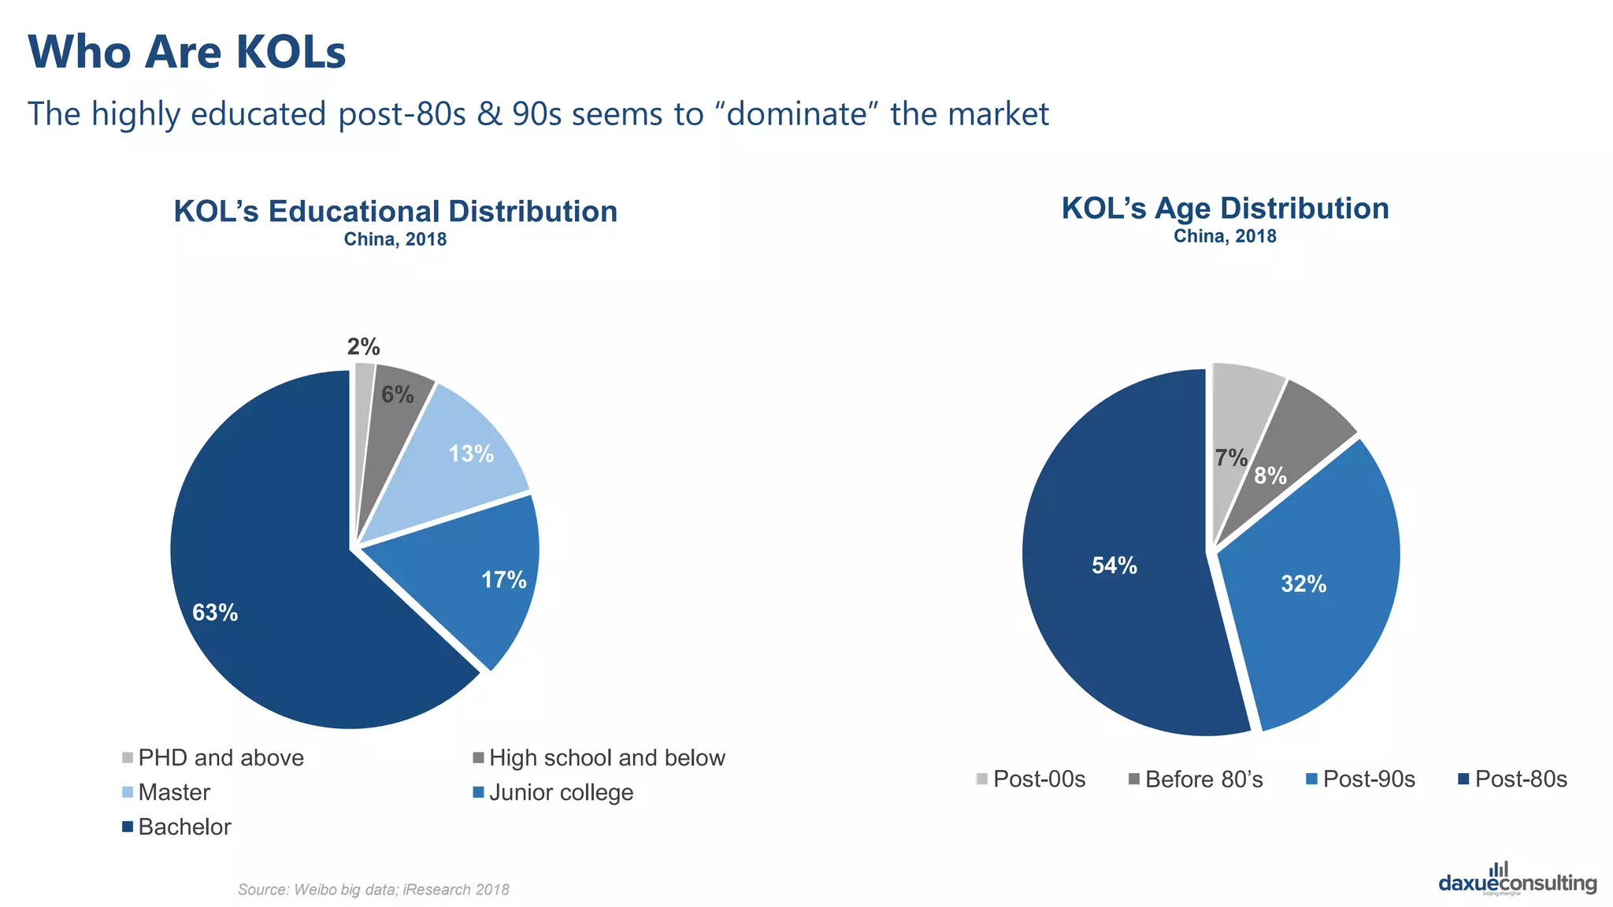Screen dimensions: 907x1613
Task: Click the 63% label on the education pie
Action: pyautogui.click(x=215, y=613)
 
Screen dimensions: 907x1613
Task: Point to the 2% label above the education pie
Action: pyautogui.click(x=363, y=346)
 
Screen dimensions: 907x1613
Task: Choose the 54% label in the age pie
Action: pyautogui.click(x=1114, y=565)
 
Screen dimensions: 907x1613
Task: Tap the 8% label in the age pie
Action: pyautogui.click(x=1270, y=476)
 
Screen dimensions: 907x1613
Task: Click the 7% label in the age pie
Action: pyautogui.click(x=1230, y=457)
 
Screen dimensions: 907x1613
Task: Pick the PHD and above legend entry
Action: pyautogui.click(x=213, y=757)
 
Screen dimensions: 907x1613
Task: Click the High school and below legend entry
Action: pyautogui.click(x=599, y=757)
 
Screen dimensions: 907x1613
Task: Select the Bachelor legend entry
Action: pyautogui.click(x=177, y=827)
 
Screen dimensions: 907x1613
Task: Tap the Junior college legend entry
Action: pyautogui.click(x=553, y=792)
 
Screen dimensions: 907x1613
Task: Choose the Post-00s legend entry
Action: pyautogui.click(x=1031, y=779)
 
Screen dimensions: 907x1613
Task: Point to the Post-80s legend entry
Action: pyautogui.click(x=1513, y=779)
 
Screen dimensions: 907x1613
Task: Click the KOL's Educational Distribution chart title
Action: pyautogui.click(x=395, y=211)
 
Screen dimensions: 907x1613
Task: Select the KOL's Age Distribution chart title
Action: pyautogui.click(x=1225, y=209)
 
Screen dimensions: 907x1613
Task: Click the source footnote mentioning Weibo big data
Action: pyautogui.click(x=373, y=890)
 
